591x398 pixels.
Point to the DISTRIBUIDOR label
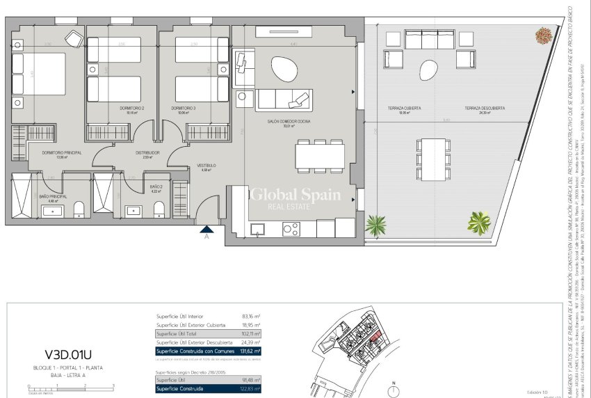coord(147,152)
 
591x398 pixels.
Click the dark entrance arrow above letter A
coord(207,228)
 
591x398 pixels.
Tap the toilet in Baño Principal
coord(79,208)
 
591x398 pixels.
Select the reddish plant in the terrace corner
coord(543,33)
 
